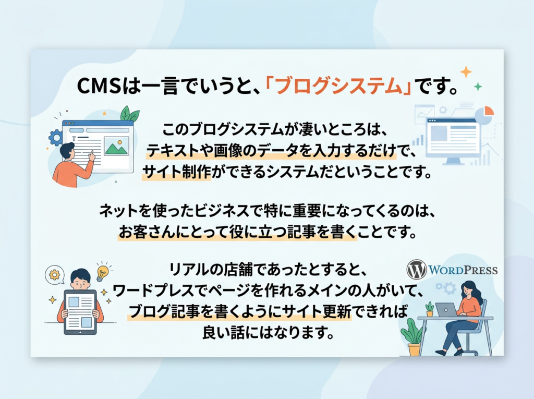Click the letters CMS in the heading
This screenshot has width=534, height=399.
[99, 87]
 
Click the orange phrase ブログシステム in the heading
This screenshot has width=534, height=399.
[338, 87]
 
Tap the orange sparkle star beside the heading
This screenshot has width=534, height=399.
[466, 72]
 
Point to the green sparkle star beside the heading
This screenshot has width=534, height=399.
[478, 87]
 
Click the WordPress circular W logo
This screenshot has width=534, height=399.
[417, 270]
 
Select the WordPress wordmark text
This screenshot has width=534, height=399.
[463, 270]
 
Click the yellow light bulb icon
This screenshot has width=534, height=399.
[102, 272]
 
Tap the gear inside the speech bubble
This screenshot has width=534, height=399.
[54, 274]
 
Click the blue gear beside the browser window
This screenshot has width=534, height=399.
[55, 138]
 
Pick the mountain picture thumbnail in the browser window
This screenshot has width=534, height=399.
[116, 147]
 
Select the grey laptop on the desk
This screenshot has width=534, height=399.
[446, 310]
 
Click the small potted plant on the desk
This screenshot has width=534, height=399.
[430, 309]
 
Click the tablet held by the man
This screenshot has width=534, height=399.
[80, 312]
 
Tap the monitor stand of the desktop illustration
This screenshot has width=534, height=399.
[453, 161]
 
